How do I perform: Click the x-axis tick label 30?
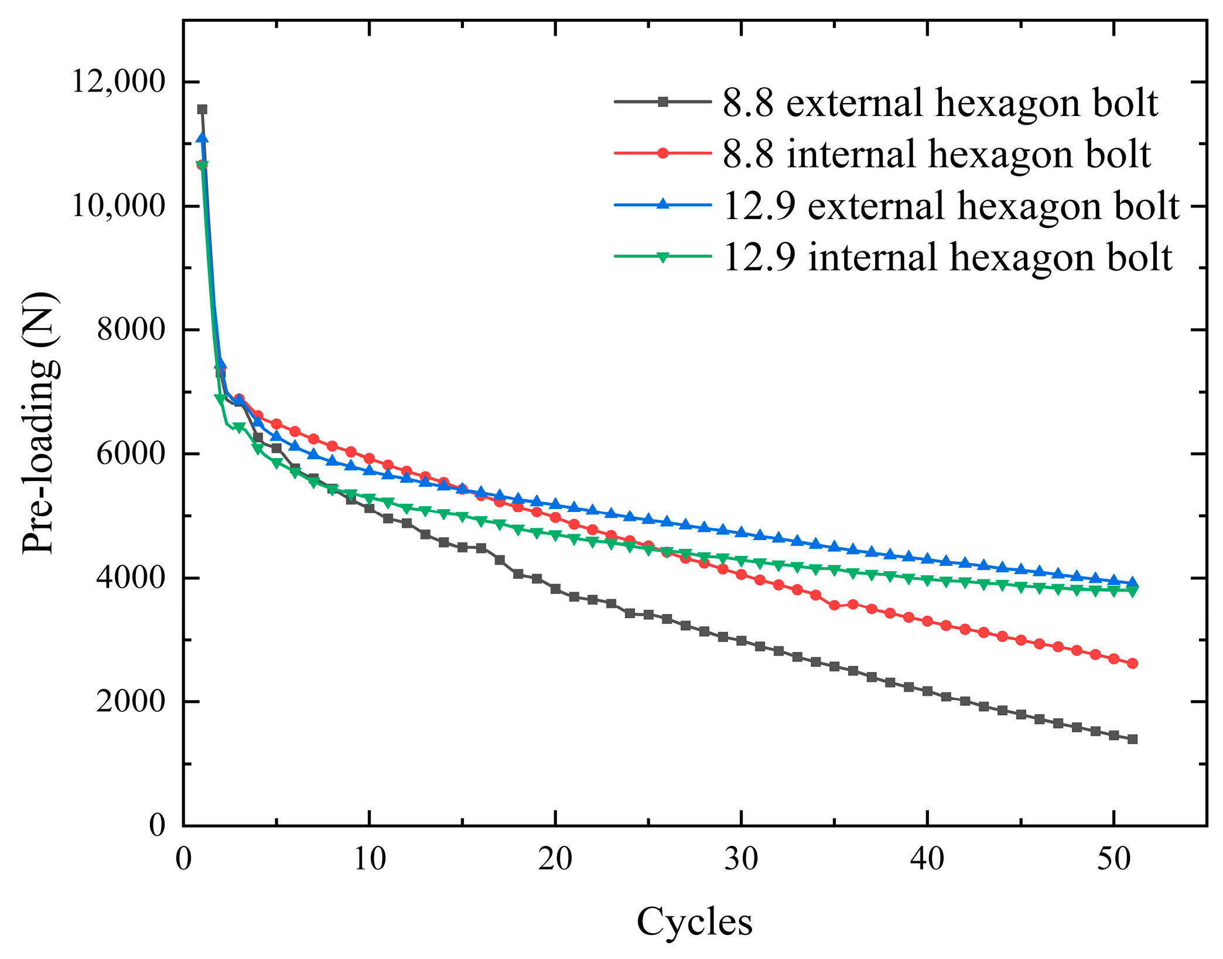point(741,859)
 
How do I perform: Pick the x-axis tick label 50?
point(1113,859)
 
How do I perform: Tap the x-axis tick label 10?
point(369,859)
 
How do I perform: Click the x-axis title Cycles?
point(694,922)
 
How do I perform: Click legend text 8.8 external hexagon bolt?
point(940,103)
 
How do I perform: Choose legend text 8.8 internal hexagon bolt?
point(937,154)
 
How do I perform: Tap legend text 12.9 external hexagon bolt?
point(951,206)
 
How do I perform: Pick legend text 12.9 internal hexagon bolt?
point(947,257)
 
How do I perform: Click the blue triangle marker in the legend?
point(662,204)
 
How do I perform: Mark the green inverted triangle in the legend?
point(662,257)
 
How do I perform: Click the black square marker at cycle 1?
point(202,110)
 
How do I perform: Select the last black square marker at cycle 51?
point(1132,739)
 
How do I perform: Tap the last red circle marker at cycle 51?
point(1132,663)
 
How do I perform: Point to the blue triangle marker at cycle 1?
point(202,138)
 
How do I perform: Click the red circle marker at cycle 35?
point(835,605)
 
